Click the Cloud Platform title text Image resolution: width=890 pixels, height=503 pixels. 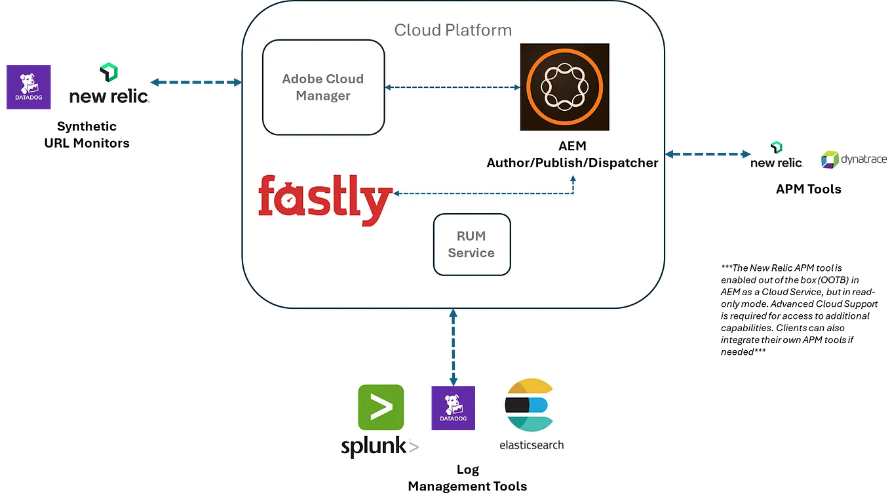pos(453,30)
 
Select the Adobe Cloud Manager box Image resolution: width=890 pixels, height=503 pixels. pos(323,87)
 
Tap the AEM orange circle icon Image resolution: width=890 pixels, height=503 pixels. pos(564,87)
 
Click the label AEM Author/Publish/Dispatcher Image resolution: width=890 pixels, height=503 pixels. pos(571,155)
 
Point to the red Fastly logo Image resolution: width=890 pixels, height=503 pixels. pos(325,199)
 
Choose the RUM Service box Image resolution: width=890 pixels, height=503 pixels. pos(471,244)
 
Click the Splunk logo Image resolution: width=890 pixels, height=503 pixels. pos(380,422)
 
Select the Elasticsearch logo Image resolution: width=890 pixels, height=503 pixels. pos(530,411)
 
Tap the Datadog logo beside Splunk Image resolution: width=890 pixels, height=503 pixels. pos(453,408)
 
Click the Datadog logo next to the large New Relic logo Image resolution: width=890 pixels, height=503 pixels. pos(29,89)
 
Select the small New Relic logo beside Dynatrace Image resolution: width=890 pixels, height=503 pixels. pos(778,155)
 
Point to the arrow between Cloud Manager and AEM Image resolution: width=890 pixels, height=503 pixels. pos(452,87)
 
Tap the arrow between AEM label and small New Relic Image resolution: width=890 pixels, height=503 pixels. pos(708,155)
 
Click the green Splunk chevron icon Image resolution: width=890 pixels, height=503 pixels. pos(380,407)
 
